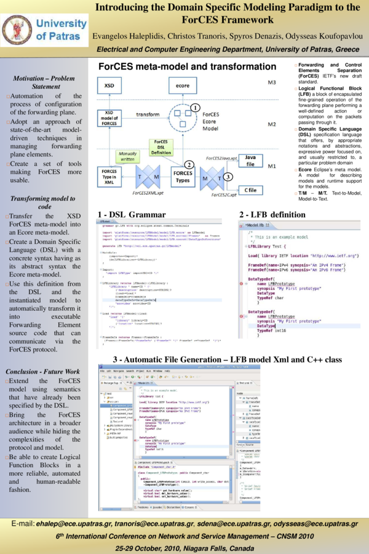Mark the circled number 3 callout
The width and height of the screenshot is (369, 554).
click(x=228, y=177)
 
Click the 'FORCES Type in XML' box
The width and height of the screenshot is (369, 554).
click(x=109, y=177)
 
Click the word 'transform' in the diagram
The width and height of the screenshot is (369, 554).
click(x=148, y=114)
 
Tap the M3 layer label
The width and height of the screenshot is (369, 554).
click(x=271, y=82)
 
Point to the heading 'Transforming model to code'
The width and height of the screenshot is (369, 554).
click(x=43, y=203)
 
